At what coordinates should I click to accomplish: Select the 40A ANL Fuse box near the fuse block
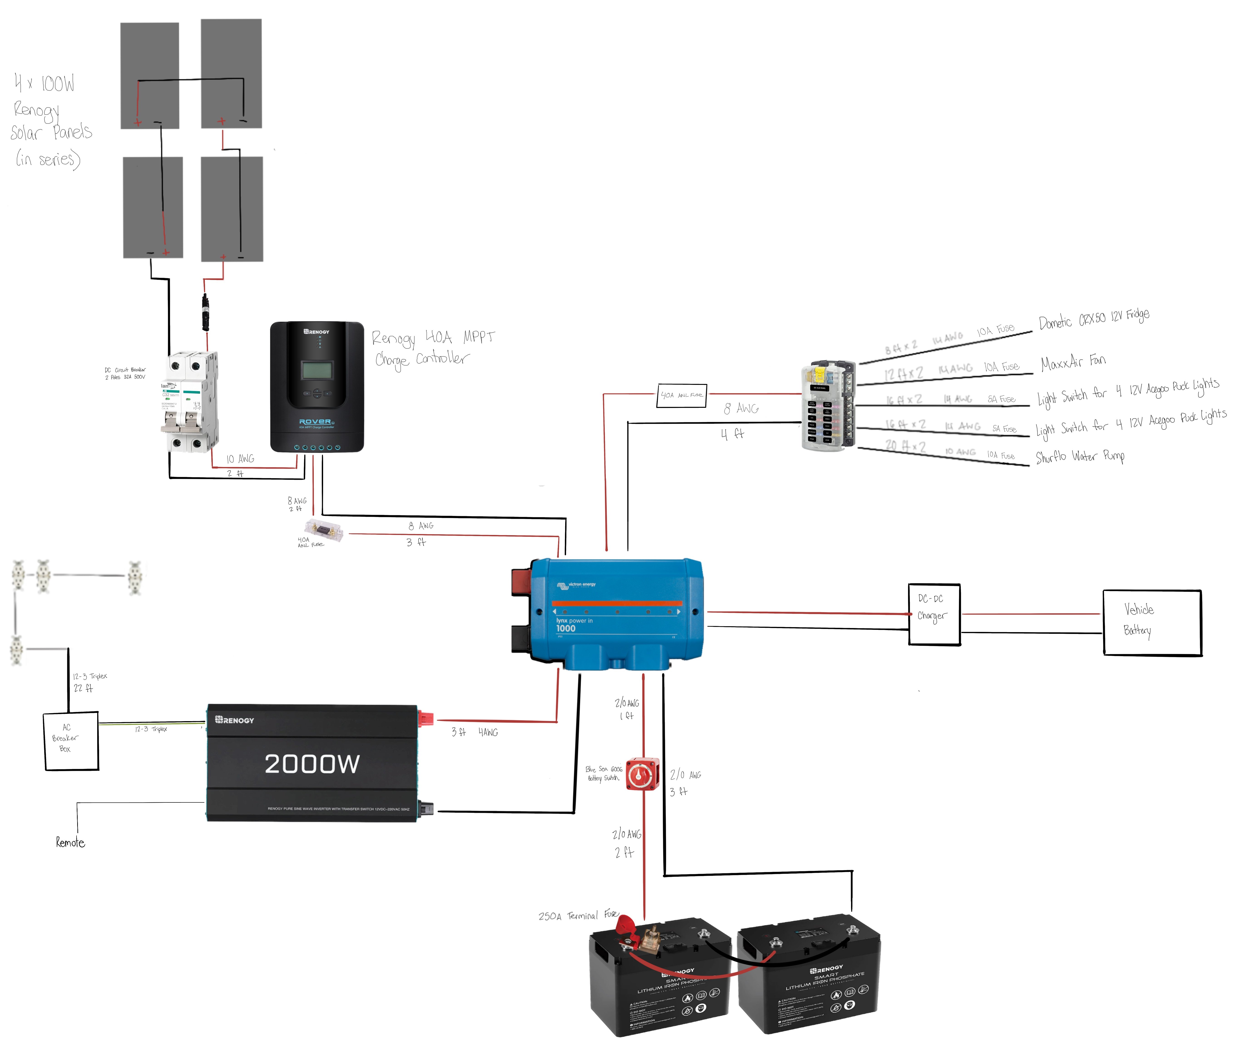[x=681, y=395]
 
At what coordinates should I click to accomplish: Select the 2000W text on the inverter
[x=312, y=764]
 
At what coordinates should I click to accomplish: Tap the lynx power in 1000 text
[x=574, y=624]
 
